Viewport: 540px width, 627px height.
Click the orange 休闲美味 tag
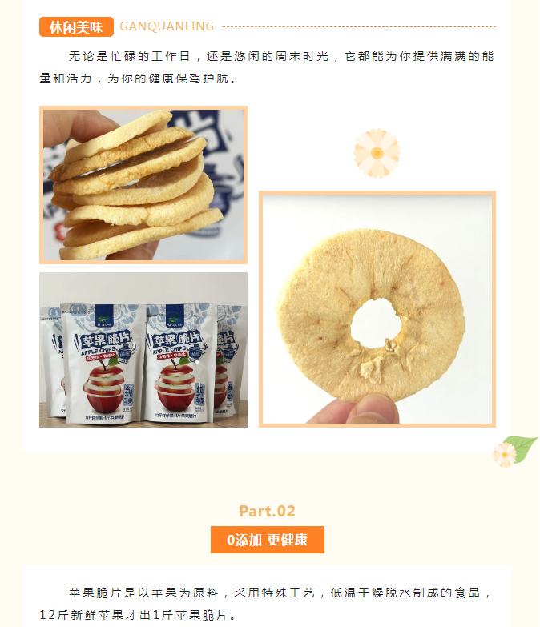point(76,27)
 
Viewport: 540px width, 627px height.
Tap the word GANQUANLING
point(167,26)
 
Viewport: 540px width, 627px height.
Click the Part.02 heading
point(268,511)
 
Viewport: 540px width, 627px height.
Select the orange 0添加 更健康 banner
point(268,540)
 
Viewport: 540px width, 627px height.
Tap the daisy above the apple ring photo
point(377,152)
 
